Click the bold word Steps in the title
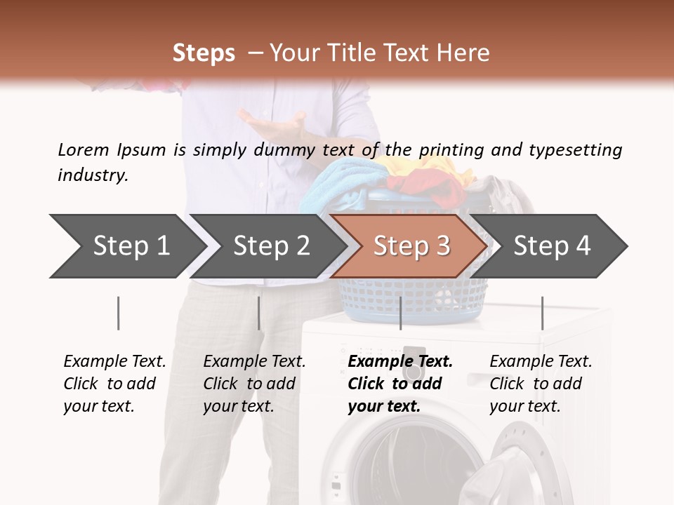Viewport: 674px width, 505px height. click(x=204, y=53)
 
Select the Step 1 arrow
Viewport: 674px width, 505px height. click(x=126, y=246)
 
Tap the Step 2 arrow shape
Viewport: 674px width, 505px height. click(x=270, y=246)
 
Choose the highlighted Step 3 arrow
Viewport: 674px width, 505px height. click(x=411, y=246)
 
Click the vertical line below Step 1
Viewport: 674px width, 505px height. click(x=119, y=313)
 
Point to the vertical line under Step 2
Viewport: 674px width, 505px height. click(x=259, y=313)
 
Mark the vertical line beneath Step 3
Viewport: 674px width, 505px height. click(x=400, y=313)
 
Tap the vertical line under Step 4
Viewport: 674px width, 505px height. click(x=542, y=313)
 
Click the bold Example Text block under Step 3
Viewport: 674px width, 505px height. click(x=400, y=384)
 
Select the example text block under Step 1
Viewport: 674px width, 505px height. click(x=114, y=384)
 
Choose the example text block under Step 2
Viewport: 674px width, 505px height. click(x=254, y=384)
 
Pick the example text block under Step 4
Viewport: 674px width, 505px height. click(x=541, y=384)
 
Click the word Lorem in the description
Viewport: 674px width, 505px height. click(x=83, y=149)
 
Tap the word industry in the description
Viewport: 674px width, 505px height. click(x=93, y=175)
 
